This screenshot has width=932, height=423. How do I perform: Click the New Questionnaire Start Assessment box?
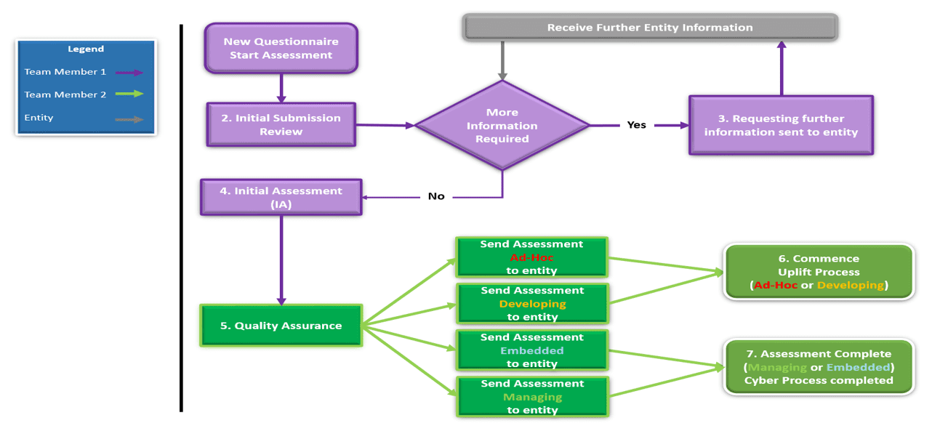pyautogui.click(x=281, y=48)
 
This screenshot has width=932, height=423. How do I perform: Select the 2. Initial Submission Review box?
pyautogui.click(x=281, y=125)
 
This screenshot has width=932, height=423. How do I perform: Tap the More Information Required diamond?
pyautogui.click(x=502, y=126)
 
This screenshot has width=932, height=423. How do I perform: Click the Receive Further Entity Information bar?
pyautogui.click(x=650, y=28)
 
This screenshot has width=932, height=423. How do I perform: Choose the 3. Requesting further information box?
pyautogui.click(x=781, y=125)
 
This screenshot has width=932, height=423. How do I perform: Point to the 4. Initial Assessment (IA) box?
pyautogui.click(x=281, y=197)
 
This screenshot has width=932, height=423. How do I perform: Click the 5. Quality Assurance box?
pyautogui.click(x=281, y=326)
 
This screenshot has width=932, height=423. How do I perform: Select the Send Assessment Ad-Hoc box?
pyautogui.click(x=532, y=257)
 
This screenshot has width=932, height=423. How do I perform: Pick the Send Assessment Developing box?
pyautogui.click(x=532, y=304)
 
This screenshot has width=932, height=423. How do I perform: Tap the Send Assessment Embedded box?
pyautogui.click(x=532, y=350)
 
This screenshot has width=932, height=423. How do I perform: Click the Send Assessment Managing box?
pyautogui.click(x=532, y=397)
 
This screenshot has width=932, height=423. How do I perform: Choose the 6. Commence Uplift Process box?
pyautogui.click(x=818, y=272)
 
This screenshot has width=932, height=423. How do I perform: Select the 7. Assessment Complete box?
pyautogui.click(x=818, y=367)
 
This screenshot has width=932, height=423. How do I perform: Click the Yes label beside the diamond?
pyautogui.click(x=637, y=125)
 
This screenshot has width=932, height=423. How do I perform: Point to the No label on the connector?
pyautogui.click(x=436, y=196)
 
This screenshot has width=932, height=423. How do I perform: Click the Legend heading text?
pyautogui.click(x=86, y=49)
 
